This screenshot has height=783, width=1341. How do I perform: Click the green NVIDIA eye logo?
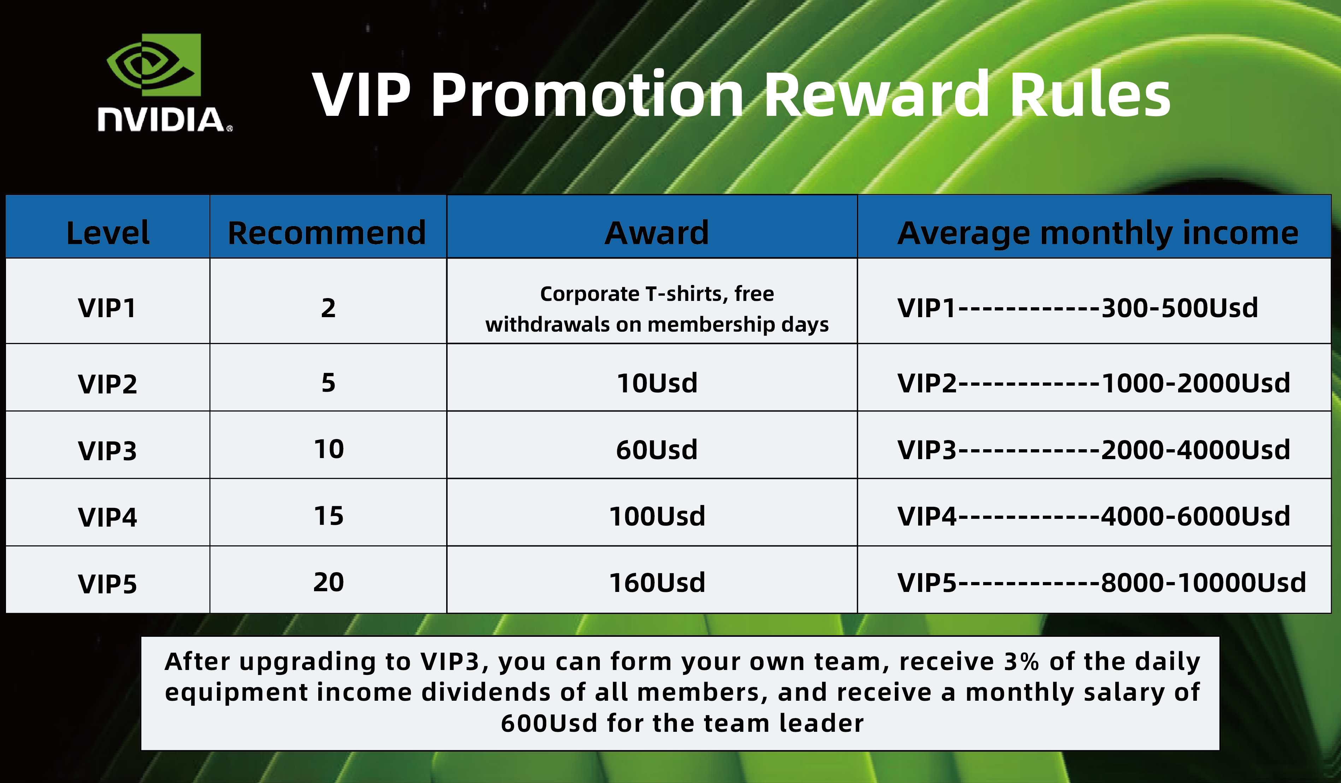[x=153, y=65]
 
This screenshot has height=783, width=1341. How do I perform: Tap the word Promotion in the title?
[x=587, y=95]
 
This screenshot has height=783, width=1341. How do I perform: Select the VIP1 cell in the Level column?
[x=107, y=308]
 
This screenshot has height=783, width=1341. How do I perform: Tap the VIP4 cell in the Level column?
[x=107, y=517]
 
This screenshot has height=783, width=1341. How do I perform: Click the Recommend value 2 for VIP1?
[x=328, y=308]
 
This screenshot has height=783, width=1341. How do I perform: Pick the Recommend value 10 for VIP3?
[x=329, y=450]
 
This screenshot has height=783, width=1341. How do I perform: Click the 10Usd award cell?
[x=657, y=383]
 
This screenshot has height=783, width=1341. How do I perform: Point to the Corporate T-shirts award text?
[x=657, y=309]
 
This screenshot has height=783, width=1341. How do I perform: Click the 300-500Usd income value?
[x=1180, y=308]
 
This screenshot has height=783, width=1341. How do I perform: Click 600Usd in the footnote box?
[x=549, y=723]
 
